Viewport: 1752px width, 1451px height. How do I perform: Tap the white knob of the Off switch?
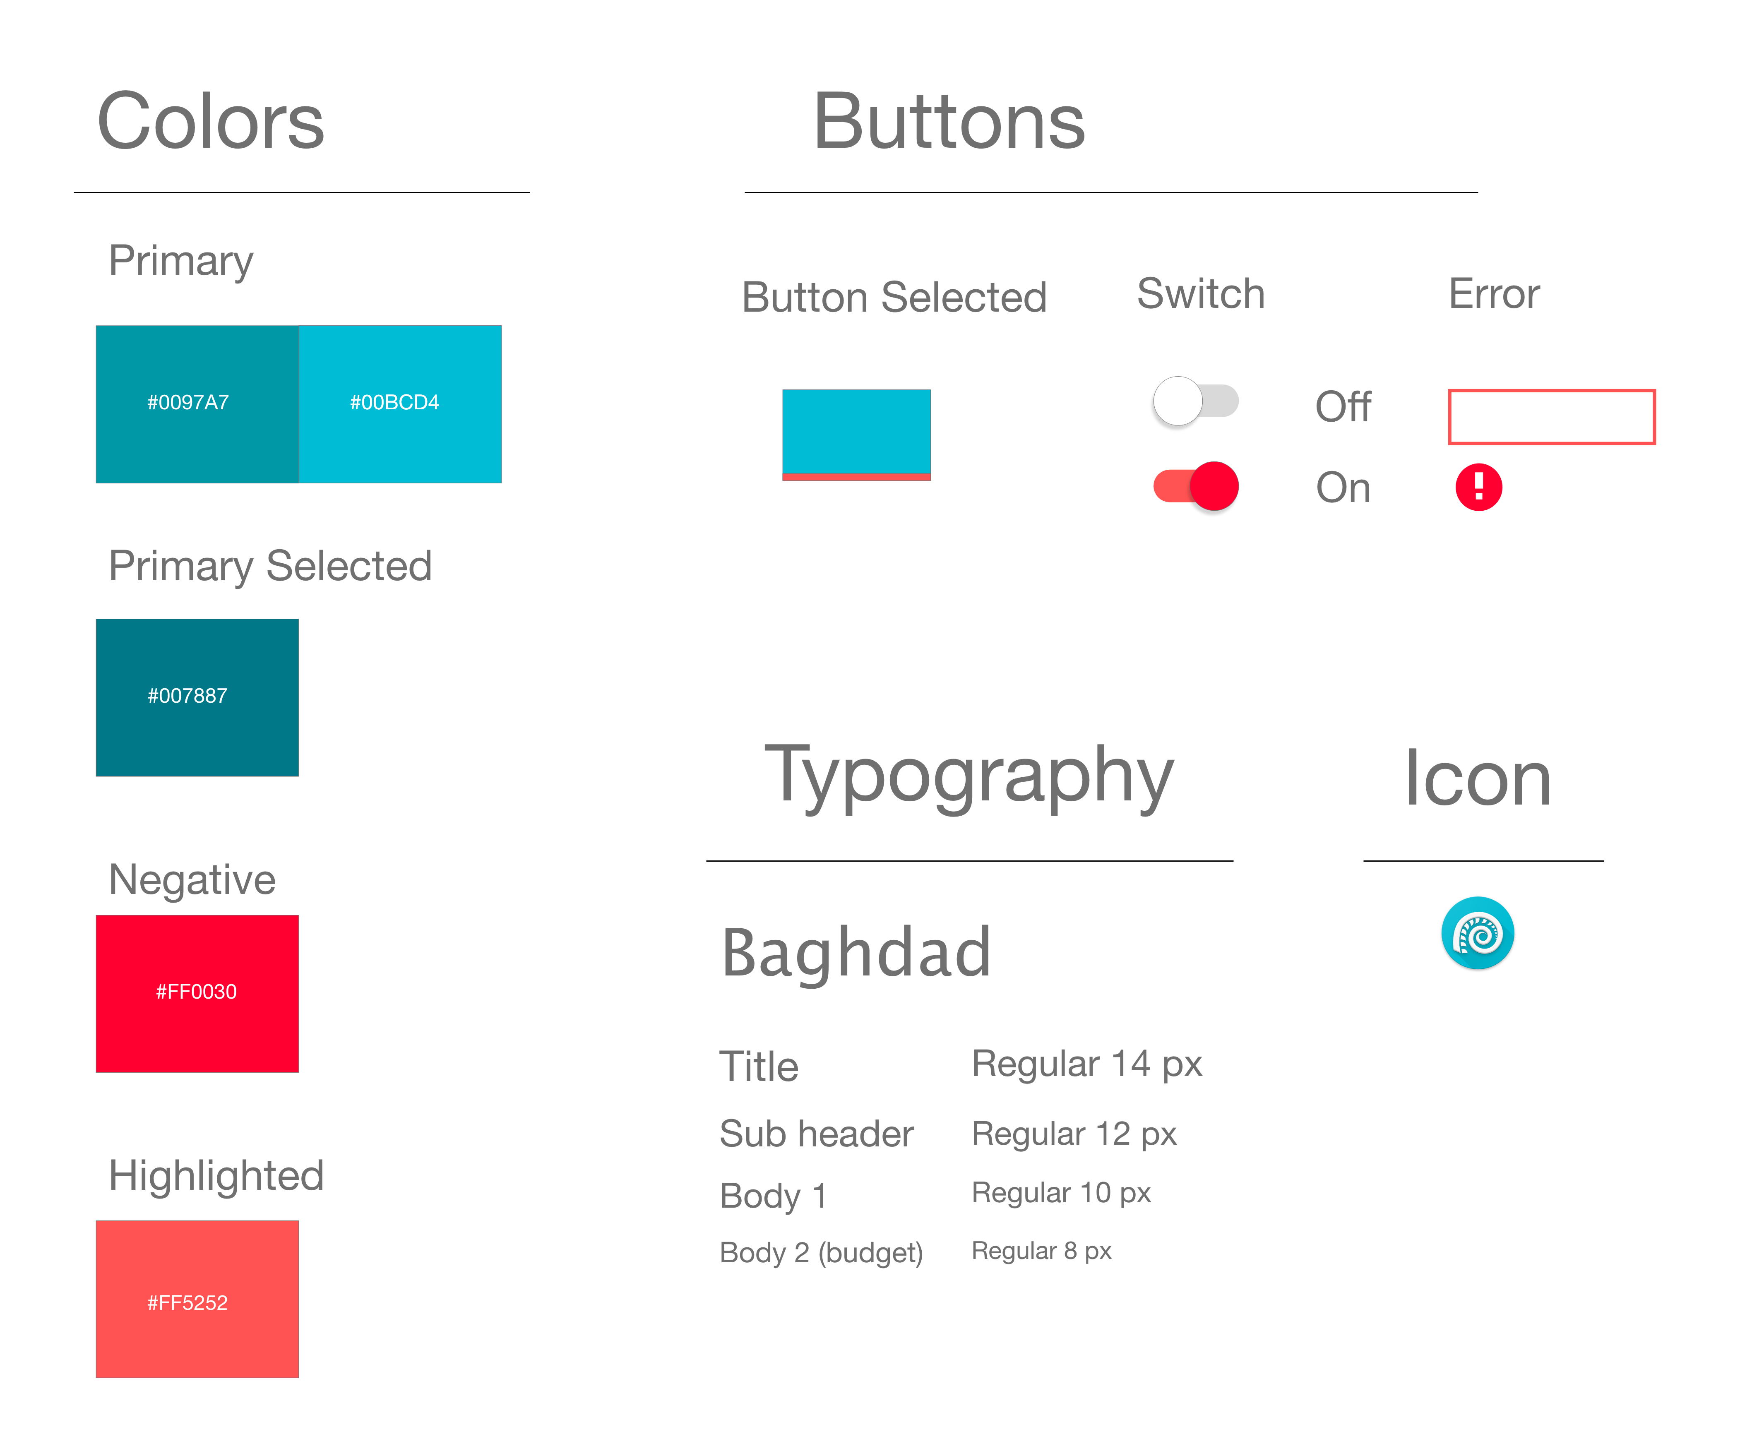[x=1177, y=401]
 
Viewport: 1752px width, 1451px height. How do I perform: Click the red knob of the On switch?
[x=1214, y=485]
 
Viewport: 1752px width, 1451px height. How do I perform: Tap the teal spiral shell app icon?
[x=1478, y=933]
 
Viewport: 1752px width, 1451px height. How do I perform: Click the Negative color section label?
[x=192, y=879]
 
